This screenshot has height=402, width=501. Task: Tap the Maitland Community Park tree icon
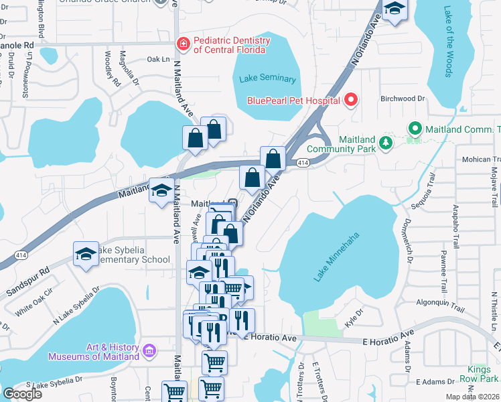click(x=386, y=142)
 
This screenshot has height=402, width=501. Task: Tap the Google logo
click(x=22, y=394)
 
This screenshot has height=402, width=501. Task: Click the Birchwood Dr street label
click(x=403, y=98)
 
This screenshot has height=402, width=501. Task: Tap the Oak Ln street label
click(x=156, y=59)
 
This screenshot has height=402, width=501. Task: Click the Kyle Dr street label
click(x=353, y=313)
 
